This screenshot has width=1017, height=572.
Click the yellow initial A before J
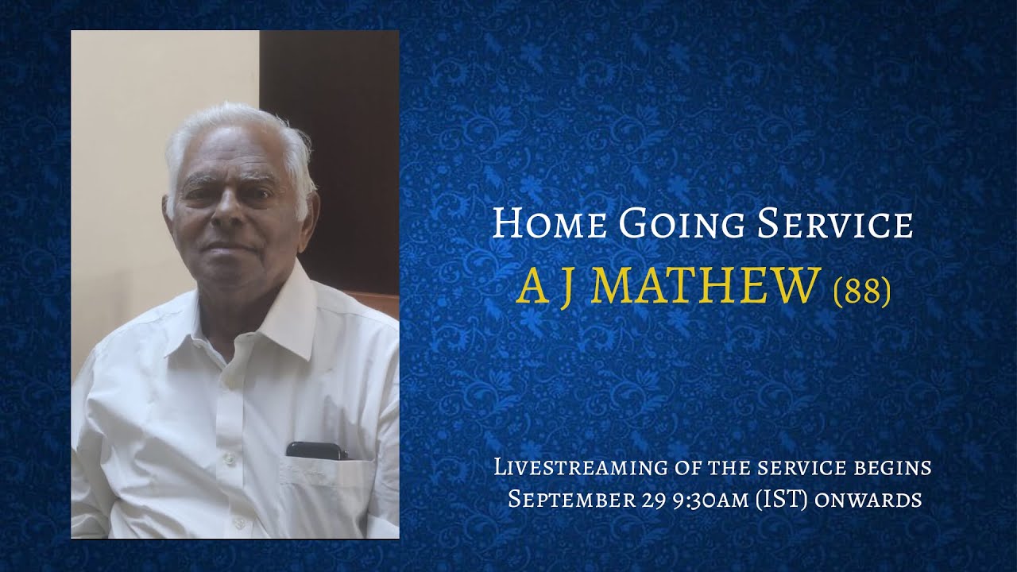point(532,287)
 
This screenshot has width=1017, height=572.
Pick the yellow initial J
point(563,288)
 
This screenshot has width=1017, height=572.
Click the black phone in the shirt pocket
point(316,450)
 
